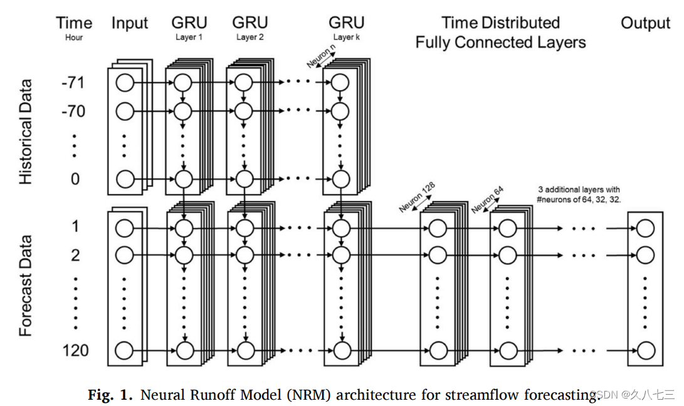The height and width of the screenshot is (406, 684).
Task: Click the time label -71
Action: pyautogui.click(x=74, y=82)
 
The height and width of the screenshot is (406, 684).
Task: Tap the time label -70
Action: pyautogui.click(x=74, y=112)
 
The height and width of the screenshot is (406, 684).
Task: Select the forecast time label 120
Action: pyautogui.click(x=75, y=350)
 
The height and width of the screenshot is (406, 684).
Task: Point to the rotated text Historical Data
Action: pyautogui.click(x=26, y=132)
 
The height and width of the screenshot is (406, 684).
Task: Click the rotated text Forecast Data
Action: pyautogui.click(x=26, y=285)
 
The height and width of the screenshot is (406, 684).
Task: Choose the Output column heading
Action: pyautogui.click(x=645, y=24)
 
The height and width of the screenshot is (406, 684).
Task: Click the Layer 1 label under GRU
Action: pyautogui.click(x=189, y=37)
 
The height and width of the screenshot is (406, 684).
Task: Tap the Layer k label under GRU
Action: pyautogui.click(x=346, y=37)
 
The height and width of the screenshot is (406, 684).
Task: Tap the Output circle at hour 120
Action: pyautogui.click(x=645, y=350)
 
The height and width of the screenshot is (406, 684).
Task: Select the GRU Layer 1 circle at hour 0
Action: pyautogui.click(x=182, y=179)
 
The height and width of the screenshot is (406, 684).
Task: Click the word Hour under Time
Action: pyautogui.click(x=73, y=37)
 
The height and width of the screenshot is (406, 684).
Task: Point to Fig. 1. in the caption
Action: pyautogui.click(x=110, y=395)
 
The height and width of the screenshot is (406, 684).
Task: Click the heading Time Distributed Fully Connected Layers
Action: pyautogui.click(x=500, y=33)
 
